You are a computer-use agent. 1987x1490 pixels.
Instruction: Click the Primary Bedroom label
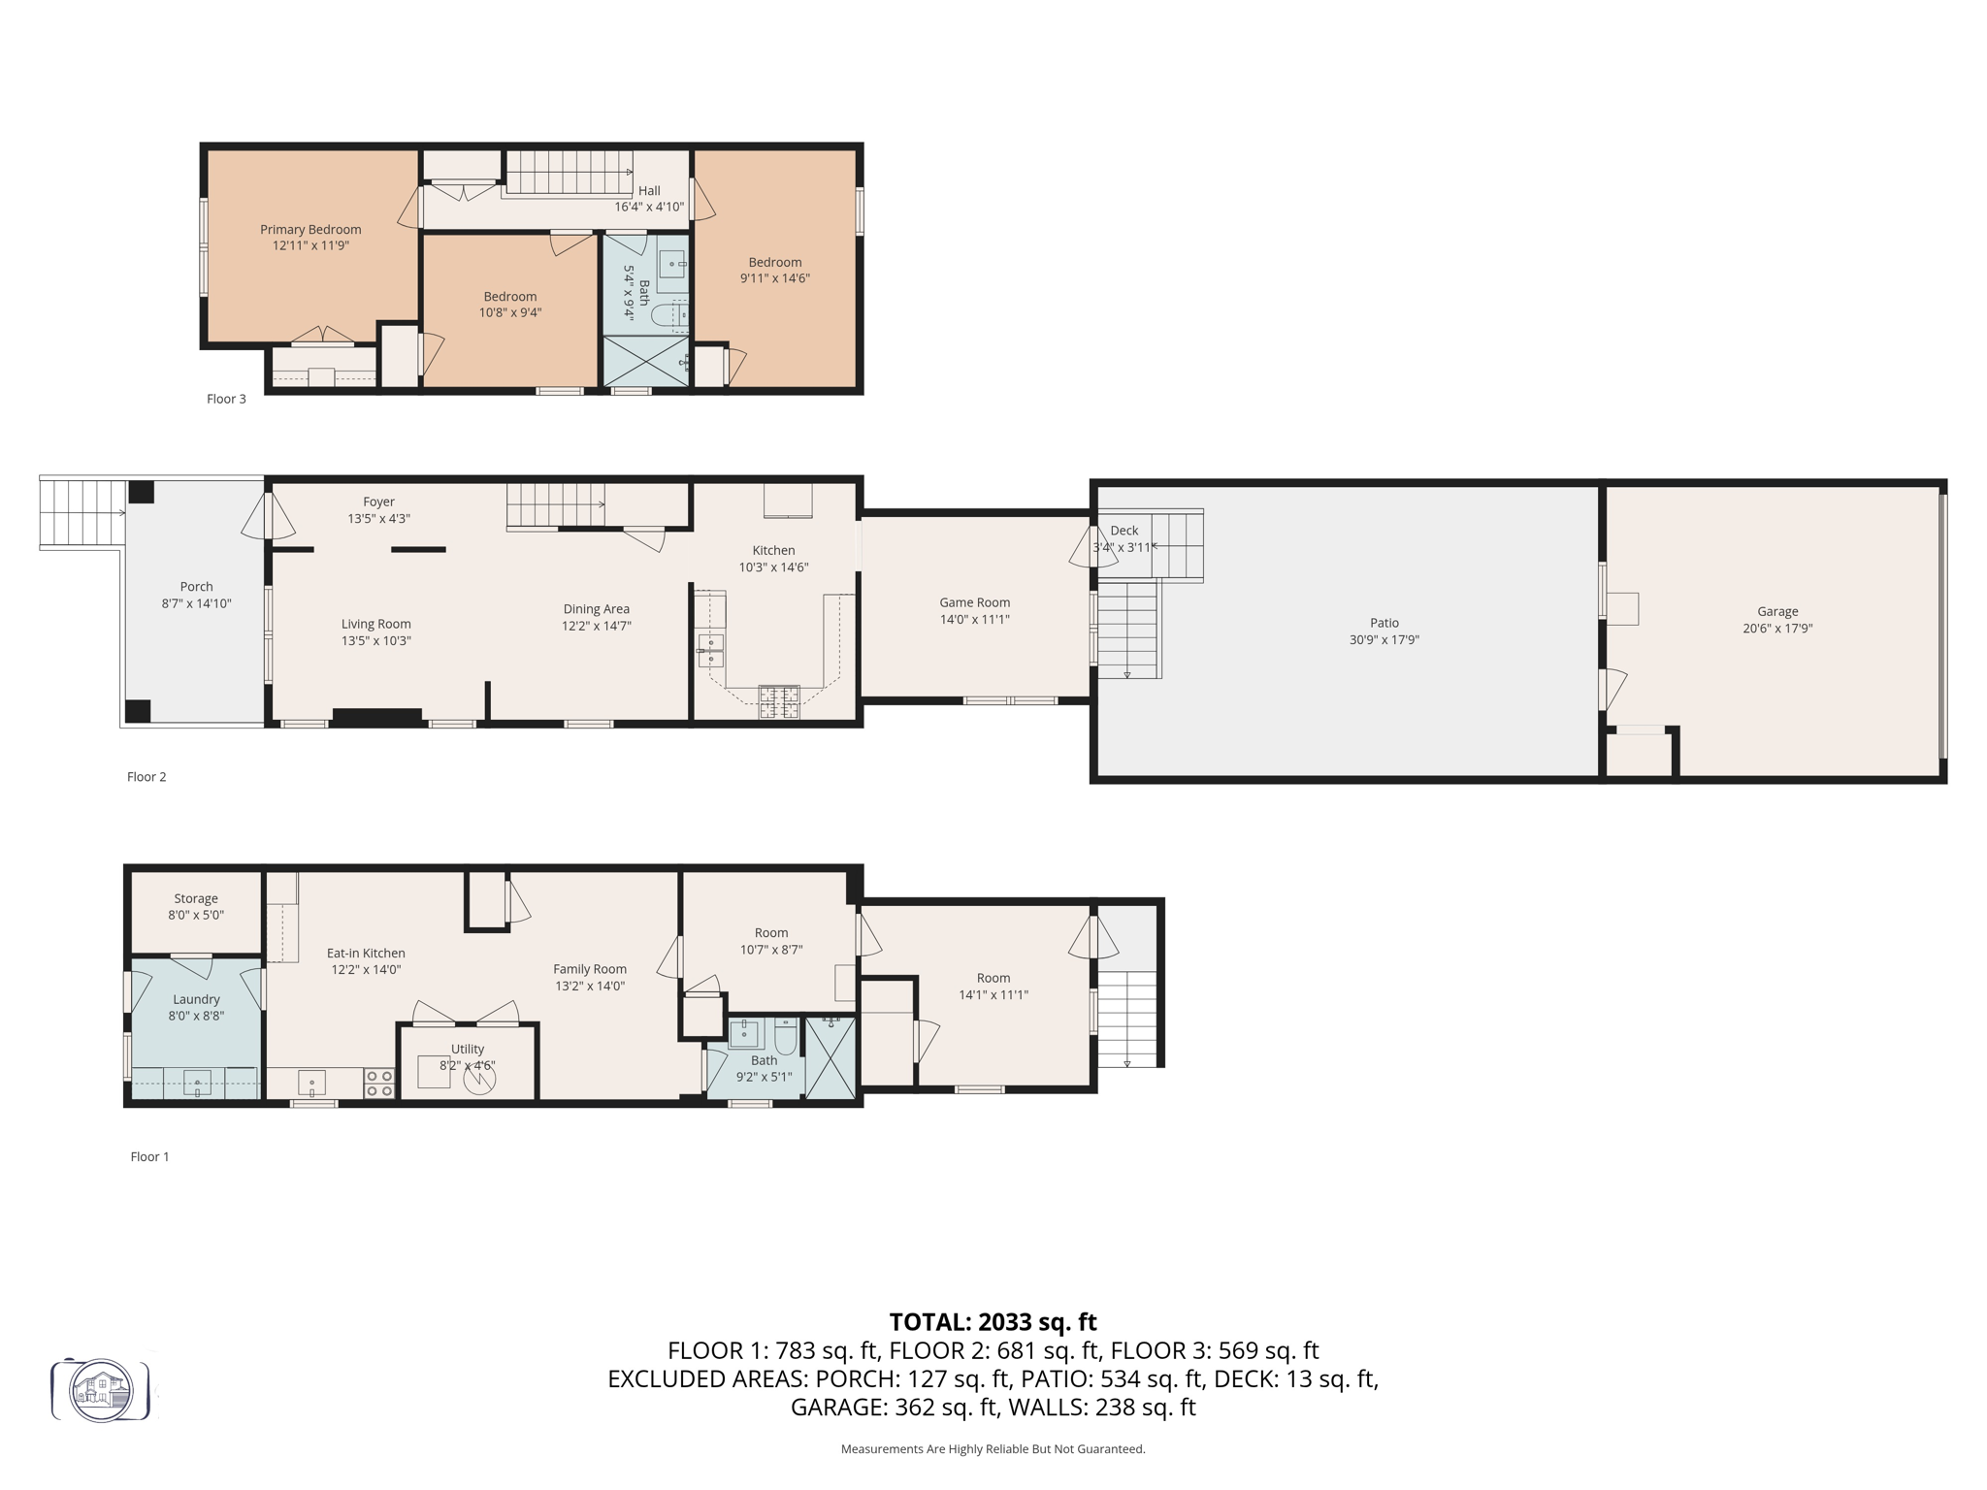[310, 230]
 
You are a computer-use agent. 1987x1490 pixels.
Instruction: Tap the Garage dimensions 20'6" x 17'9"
[1777, 629]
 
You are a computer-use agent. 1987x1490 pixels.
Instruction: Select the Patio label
[1384, 623]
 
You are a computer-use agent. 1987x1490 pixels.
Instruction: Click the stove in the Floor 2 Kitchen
[779, 701]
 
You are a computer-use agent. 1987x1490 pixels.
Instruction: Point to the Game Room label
[974, 602]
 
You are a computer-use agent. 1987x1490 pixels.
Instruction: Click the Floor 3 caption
[226, 399]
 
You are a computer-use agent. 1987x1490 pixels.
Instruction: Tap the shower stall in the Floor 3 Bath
[645, 361]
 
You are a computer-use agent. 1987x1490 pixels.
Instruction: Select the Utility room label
[468, 1049]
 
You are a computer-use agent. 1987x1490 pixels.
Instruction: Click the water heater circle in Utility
[478, 1080]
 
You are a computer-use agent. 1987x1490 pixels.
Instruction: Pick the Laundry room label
[196, 999]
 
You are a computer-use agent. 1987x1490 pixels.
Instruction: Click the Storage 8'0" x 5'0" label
[196, 906]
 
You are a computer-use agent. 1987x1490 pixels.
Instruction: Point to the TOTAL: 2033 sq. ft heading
[993, 1322]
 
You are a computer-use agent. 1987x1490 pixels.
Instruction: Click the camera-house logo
[101, 1390]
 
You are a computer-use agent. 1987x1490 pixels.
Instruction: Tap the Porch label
[196, 587]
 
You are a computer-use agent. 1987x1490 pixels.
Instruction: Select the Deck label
[1124, 531]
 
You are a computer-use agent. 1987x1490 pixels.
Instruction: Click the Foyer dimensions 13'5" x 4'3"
[378, 519]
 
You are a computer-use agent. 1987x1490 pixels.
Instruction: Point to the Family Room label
[590, 969]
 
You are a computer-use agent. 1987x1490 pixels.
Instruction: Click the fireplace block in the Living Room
[376, 717]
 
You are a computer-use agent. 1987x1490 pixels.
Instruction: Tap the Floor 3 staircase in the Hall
[569, 173]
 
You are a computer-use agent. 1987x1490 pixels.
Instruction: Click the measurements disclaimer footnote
[993, 1449]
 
